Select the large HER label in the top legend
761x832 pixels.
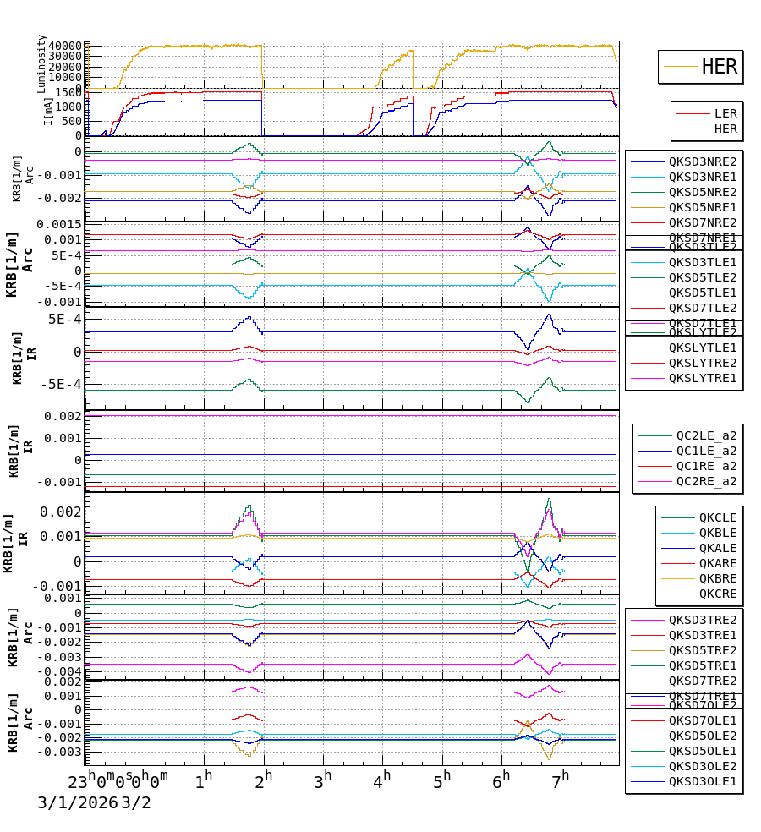[719, 67]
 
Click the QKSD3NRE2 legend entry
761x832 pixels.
[702, 161]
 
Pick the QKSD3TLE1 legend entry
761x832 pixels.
[702, 262]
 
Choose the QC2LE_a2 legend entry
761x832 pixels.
[705, 435]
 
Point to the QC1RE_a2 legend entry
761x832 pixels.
[705, 466]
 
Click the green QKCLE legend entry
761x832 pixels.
[717, 517]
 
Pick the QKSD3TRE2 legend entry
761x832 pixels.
[702, 620]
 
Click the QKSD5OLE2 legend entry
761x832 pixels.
[702, 736]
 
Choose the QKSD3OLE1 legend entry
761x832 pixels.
[702, 781]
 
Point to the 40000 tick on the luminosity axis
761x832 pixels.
[65, 46]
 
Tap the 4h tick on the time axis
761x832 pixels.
[382, 778]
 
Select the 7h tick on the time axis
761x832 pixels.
[561, 778]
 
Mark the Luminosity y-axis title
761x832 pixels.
[41, 63]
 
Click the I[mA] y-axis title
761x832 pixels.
[48, 111]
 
